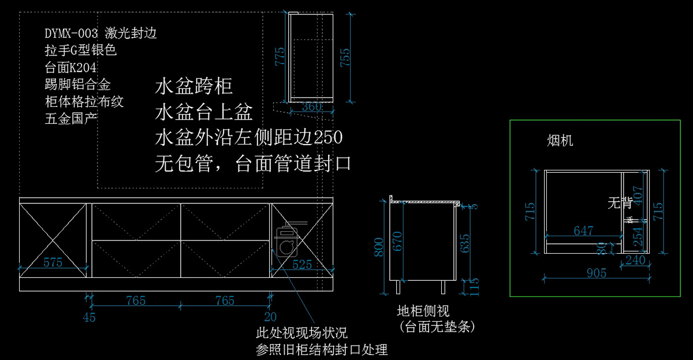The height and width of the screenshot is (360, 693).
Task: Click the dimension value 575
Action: (53, 263)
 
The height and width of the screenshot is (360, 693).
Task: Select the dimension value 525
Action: (302, 265)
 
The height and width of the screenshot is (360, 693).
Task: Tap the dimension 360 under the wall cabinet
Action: (311, 107)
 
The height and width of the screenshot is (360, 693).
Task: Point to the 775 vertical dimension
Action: (280, 58)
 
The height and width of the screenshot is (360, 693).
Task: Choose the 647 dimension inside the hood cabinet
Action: (583, 231)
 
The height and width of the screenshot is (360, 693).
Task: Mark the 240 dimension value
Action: (635, 260)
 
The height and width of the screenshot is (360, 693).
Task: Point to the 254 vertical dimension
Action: (638, 236)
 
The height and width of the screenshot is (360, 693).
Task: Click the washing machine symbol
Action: (287, 240)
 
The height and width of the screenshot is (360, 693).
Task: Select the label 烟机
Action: (560, 140)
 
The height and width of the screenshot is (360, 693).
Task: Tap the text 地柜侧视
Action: (423, 312)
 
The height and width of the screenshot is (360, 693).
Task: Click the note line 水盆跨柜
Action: (193, 87)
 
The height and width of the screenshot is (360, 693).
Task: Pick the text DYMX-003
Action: (71, 34)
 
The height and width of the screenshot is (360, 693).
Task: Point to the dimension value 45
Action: (89, 317)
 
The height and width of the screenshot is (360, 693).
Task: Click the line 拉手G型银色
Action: (81, 51)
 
